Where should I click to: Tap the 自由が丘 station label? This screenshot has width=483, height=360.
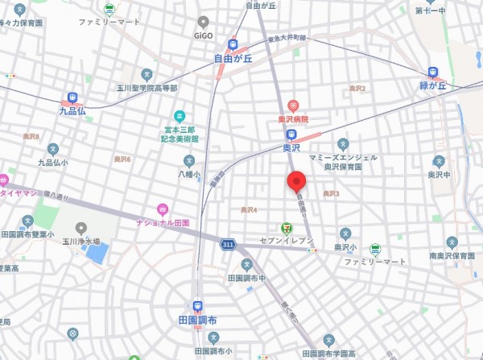point(233,58)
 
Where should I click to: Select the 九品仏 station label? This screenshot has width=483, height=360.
point(72,112)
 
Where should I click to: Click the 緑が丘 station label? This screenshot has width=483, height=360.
point(433,85)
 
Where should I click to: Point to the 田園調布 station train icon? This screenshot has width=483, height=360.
point(198,306)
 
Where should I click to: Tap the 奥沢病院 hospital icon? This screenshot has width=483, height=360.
point(293,106)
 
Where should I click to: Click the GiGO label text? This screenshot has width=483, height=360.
point(204,36)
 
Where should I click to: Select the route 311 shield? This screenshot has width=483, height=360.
point(229,243)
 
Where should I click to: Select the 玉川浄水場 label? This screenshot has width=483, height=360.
point(81,240)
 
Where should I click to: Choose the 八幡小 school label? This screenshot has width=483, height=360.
point(187,172)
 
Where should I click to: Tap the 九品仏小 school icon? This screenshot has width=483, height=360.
point(53,149)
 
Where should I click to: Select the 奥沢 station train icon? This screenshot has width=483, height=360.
point(291,134)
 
